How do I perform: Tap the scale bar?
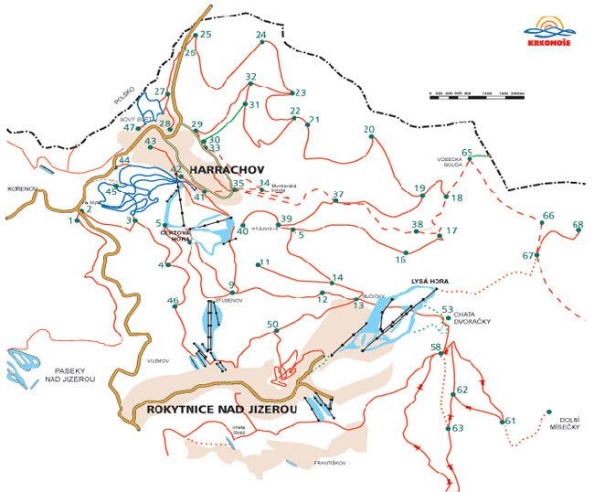point(476,93)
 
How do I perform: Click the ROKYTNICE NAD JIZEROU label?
point(221,411)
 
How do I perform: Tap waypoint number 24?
point(261,36)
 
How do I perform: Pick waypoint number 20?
point(370,130)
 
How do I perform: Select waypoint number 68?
point(578,224)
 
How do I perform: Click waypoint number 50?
point(272,325)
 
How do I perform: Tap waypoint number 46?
point(173,301)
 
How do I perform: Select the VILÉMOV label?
point(157,362)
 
